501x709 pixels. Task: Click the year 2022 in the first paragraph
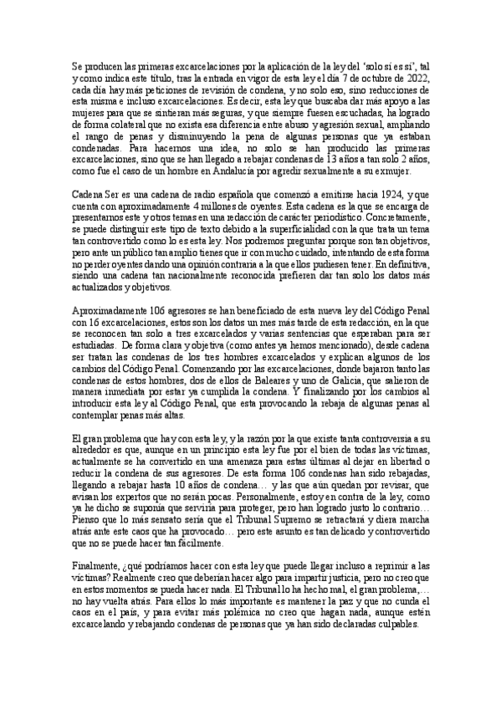[x=418, y=77]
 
